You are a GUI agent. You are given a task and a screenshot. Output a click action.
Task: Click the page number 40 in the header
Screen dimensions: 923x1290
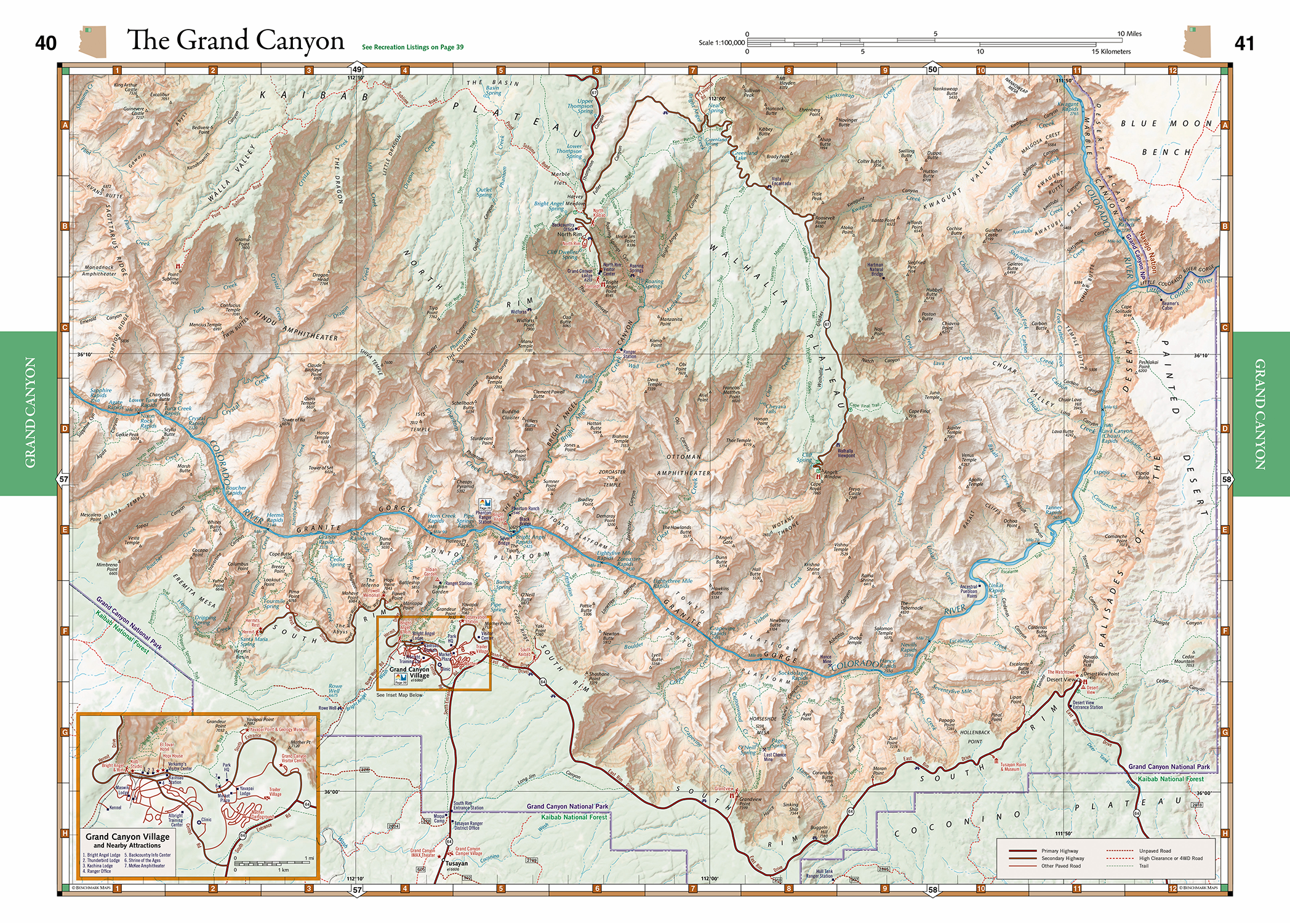(x=46, y=43)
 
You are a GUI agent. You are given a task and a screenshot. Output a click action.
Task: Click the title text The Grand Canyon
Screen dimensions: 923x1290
(x=235, y=41)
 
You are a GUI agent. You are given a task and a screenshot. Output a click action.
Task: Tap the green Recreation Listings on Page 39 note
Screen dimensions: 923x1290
(x=412, y=47)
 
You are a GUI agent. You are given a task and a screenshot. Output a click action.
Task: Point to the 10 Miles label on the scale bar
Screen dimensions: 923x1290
(x=1129, y=34)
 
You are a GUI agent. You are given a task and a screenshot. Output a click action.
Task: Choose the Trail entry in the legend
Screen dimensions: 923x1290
(x=1144, y=866)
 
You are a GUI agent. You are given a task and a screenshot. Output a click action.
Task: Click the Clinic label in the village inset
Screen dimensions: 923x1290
(x=206, y=820)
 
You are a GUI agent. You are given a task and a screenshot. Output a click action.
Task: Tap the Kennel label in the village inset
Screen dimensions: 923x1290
(x=115, y=808)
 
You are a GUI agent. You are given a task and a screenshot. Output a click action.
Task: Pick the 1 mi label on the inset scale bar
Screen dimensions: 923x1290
(x=309, y=858)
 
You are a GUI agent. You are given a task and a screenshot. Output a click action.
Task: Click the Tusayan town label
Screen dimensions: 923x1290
(x=457, y=863)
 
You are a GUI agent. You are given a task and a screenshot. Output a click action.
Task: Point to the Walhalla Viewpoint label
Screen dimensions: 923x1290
(x=846, y=453)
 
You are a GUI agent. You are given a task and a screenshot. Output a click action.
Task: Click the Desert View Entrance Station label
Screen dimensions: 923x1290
(x=1088, y=705)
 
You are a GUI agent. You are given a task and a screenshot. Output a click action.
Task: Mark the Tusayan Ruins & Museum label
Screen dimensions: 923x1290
(x=1013, y=767)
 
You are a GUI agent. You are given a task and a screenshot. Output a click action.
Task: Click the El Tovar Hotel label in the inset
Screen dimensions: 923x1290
(x=167, y=747)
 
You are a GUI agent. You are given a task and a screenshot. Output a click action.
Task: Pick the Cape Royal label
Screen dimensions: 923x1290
(x=815, y=487)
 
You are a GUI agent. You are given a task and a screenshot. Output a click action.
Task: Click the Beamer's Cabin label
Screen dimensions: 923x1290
(x=1170, y=305)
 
